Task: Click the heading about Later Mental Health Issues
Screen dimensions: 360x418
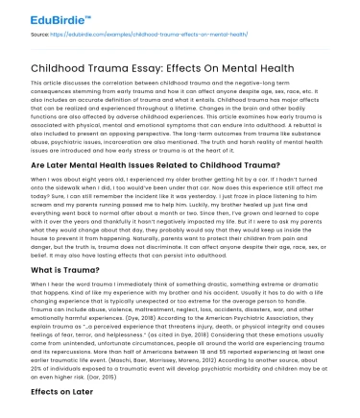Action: coord(141,164)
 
